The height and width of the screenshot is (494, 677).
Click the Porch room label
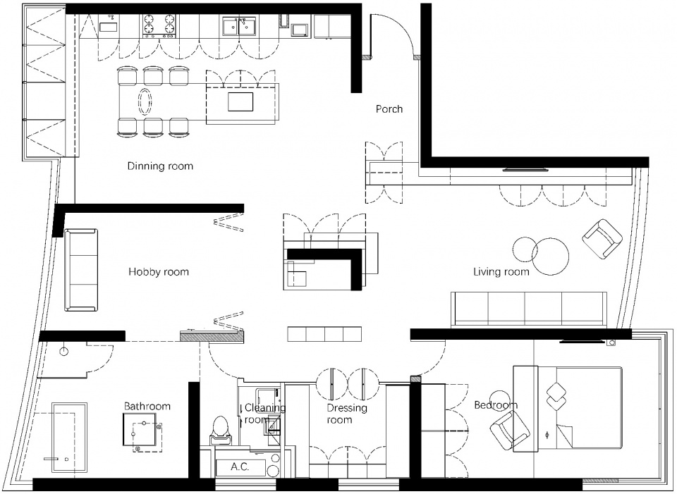389,109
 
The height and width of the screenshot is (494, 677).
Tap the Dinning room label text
160,166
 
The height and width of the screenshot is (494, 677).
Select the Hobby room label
159,272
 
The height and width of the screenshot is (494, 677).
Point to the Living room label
501,272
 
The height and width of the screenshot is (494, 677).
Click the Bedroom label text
495,405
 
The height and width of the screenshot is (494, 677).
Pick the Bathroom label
147,406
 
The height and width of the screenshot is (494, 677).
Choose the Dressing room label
347,414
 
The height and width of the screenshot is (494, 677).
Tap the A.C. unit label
240,467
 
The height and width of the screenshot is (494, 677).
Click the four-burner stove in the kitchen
159,25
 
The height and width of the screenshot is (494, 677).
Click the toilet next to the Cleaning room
220,430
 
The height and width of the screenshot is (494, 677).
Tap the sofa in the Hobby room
81,270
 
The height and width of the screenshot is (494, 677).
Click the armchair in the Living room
602,239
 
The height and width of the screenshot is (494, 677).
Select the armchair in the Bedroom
509,430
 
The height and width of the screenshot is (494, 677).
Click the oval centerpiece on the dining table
145,101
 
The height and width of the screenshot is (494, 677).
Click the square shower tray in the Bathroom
139,430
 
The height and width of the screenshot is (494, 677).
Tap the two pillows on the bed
556,396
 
